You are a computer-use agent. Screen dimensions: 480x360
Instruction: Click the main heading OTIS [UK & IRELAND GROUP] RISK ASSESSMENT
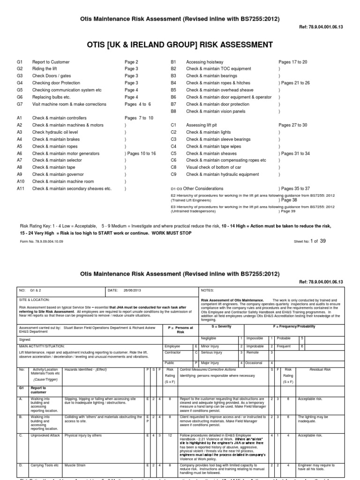point(180,45)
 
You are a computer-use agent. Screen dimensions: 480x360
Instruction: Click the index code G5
point(20,90)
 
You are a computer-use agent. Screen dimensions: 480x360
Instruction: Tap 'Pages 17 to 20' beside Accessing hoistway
point(292,62)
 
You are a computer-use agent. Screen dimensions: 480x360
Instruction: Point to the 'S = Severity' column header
point(222,326)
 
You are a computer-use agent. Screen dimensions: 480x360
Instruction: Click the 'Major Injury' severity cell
point(211,363)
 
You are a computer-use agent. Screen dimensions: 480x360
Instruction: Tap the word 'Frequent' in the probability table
point(283,346)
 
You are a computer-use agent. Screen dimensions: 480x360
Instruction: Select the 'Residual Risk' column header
point(320,370)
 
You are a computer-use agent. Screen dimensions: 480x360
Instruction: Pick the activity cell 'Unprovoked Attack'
point(45,435)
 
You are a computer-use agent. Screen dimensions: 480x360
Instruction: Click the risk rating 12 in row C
point(170,435)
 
